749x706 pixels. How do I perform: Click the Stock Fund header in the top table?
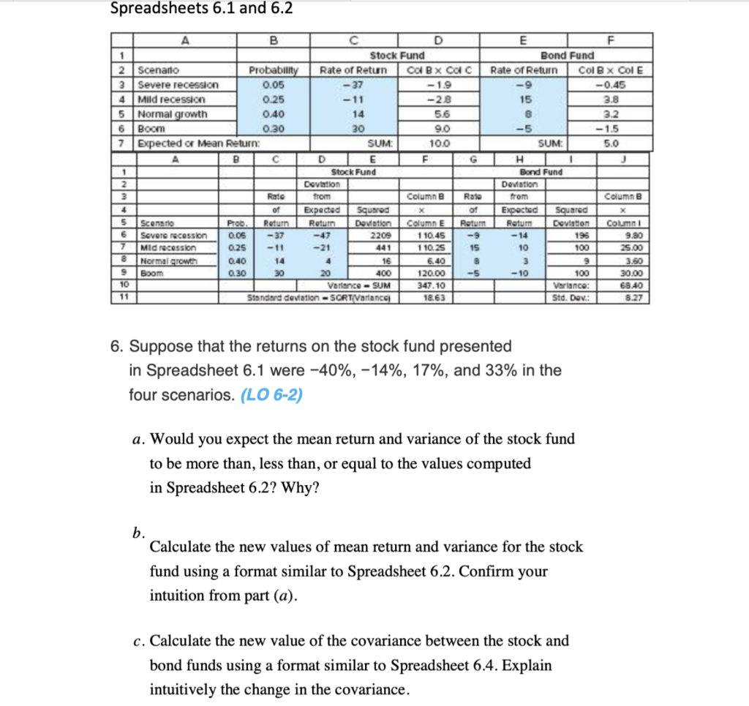(397, 55)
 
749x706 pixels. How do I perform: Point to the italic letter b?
(138, 533)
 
